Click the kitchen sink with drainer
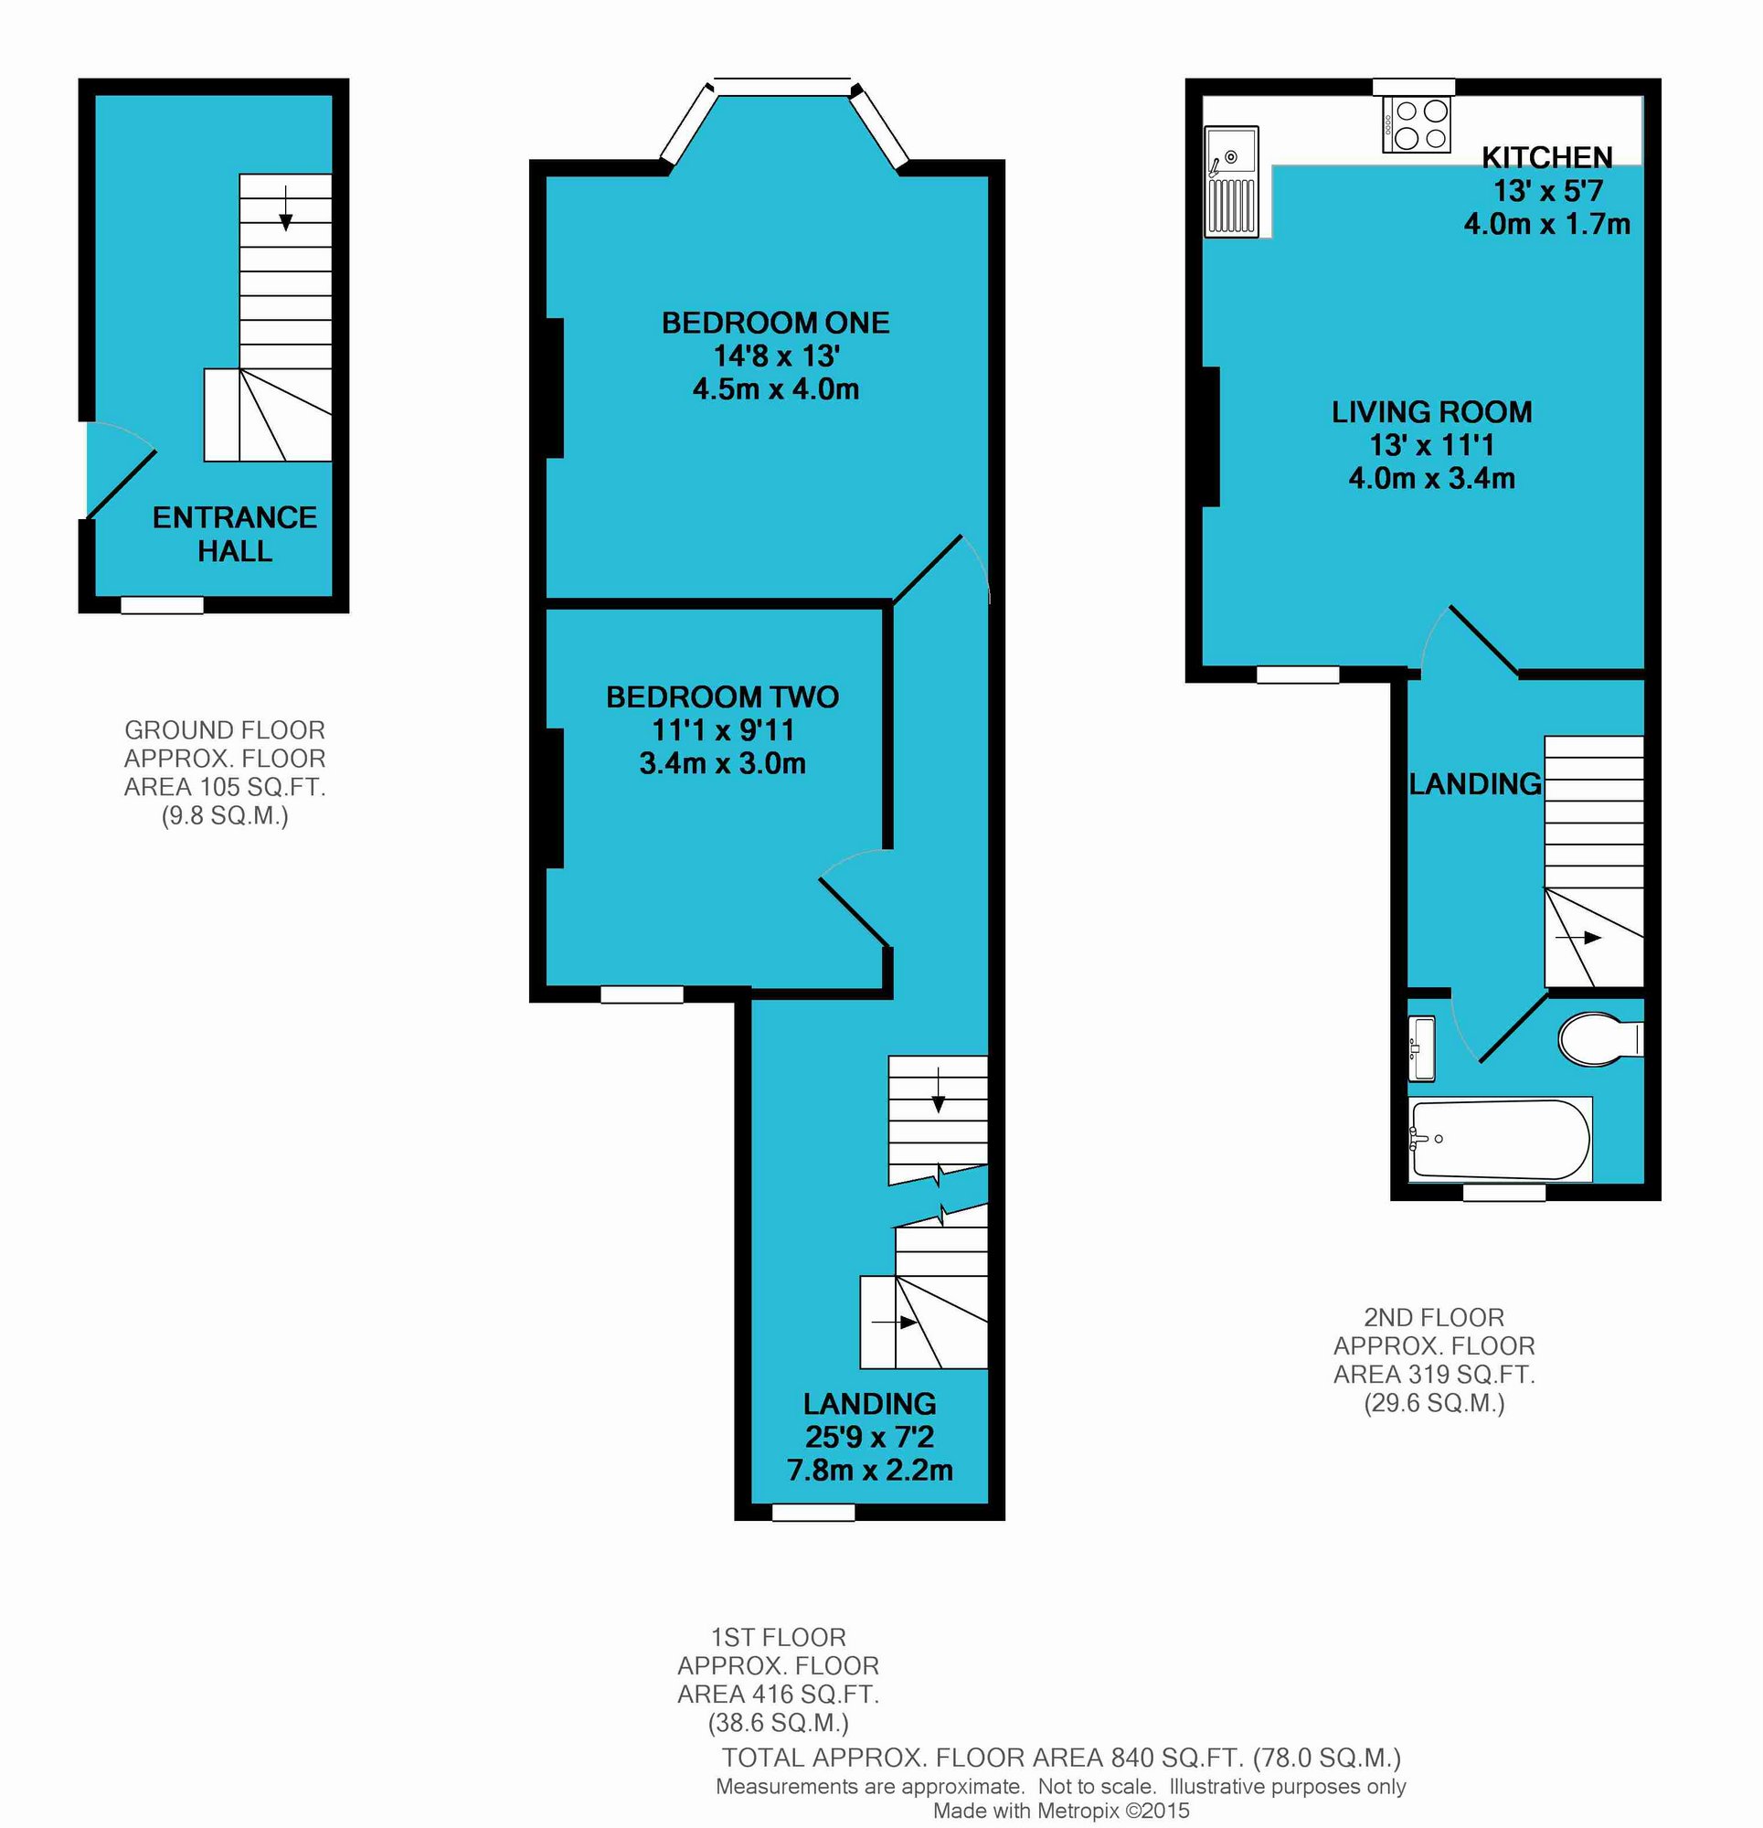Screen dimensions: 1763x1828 point(1231,182)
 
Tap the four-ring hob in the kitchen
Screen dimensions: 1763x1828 point(1416,125)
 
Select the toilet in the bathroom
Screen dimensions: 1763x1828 point(1599,1038)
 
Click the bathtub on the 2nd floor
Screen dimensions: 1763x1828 point(1501,1139)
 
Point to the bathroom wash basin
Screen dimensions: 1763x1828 point(1420,1049)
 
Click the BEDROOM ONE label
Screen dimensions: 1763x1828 point(775,323)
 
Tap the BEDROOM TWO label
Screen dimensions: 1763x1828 point(722,696)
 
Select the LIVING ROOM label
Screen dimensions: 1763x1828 point(1431,411)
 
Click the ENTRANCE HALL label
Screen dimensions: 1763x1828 point(235,534)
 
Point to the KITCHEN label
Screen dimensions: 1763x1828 point(1546,156)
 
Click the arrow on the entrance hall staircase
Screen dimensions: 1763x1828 point(285,208)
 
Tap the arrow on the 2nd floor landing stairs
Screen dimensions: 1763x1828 point(1578,938)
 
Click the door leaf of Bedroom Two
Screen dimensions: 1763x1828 point(854,911)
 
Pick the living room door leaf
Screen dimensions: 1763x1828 point(1483,640)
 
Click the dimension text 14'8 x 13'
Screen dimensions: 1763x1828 point(776,356)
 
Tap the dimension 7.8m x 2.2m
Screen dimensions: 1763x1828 point(869,1470)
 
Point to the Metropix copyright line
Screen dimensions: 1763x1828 point(1061,1811)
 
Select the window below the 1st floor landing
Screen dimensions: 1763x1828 point(813,1512)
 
